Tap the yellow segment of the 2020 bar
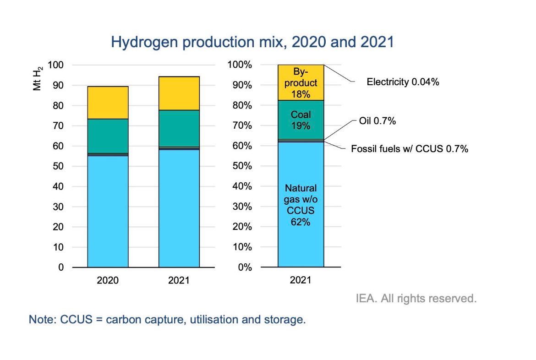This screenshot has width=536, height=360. pyautogui.click(x=108, y=102)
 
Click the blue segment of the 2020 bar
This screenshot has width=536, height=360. pyautogui.click(x=108, y=211)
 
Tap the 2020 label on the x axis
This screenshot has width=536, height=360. pyautogui.click(x=108, y=280)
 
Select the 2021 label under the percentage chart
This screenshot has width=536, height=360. pyautogui.click(x=301, y=280)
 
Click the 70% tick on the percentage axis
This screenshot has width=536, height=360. pyautogui.click(x=240, y=125)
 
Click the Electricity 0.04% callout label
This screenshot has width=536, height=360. pyautogui.click(x=403, y=82)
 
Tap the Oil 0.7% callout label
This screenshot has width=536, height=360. pyautogui.click(x=377, y=121)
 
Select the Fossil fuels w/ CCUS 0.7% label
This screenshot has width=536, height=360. pyautogui.click(x=409, y=149)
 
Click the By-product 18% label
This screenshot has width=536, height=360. pyautogui.click(x=301, y=83)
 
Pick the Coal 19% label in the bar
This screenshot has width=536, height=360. pyautogui.click(x=301, y=120)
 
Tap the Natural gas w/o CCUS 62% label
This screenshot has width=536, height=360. pyautogui.click(x=301, y=205)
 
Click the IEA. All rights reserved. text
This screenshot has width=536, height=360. pyautogui.click(x=416, y=299)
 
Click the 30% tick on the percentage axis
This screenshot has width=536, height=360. pyautogui.click(x=240, y=207)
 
